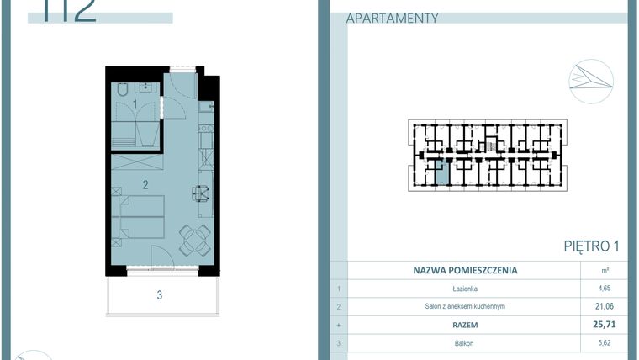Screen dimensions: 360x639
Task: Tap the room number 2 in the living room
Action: (145, 183)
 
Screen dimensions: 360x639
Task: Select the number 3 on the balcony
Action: (159, 294)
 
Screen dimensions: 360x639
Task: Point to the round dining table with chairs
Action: (195, 241)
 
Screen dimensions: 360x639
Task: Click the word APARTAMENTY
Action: (392, 18)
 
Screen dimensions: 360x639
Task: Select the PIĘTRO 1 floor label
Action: (591, 246)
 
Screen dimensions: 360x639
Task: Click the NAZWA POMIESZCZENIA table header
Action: (465, 271)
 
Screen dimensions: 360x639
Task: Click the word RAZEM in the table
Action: (464, 324)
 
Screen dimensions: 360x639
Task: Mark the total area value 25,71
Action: (605, 324)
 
